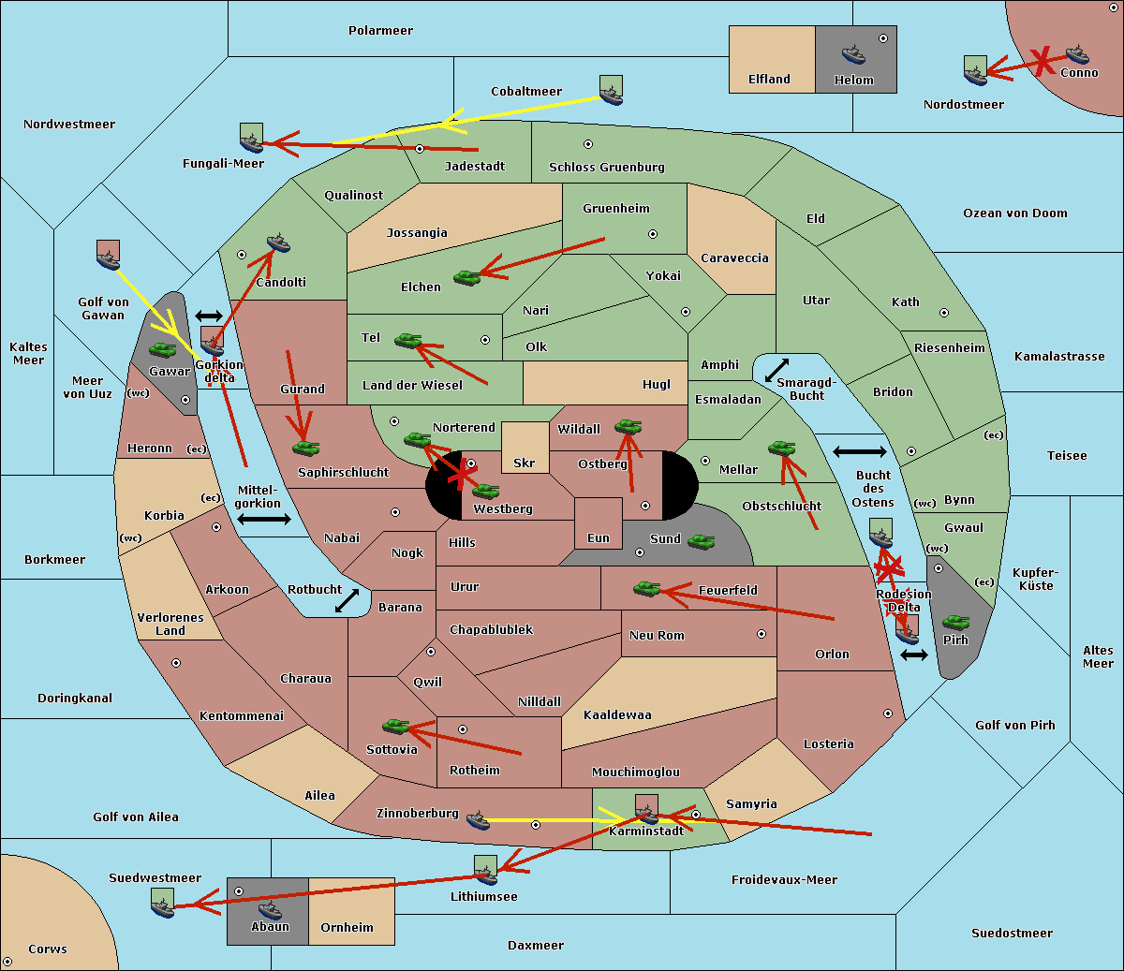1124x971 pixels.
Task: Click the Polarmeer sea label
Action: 380,31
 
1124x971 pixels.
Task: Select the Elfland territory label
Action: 769,80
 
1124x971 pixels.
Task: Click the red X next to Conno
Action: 1040,61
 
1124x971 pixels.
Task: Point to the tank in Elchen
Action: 466,276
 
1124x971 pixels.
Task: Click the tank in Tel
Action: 407,340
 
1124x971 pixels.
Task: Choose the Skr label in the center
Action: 525,463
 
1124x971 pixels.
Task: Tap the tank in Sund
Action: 702,540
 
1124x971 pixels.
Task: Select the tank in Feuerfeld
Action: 646,588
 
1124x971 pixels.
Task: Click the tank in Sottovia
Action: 396,726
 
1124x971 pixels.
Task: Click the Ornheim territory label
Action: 347,928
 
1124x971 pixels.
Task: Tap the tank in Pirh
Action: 955,622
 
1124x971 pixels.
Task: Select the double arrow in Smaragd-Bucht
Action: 777,370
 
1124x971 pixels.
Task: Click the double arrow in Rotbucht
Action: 348,600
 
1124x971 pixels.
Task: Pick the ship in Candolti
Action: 278,243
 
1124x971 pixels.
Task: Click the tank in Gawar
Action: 163,349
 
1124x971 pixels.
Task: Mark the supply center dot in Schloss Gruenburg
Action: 588,144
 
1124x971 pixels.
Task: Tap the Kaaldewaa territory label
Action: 617,715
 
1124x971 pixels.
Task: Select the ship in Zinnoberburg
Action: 478,820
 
